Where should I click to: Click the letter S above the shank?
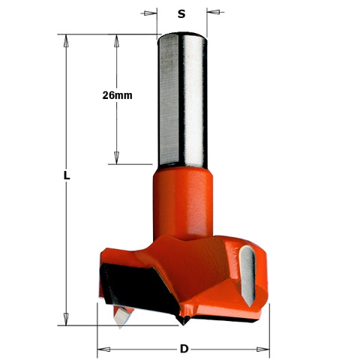click(x=181, y=13)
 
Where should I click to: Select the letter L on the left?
click(x=67, y=175)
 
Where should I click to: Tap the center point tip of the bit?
click(x=181, y=321)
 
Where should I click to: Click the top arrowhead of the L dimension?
click(x=67, y=40)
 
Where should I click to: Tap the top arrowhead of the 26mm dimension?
click(x=117, y=40)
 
